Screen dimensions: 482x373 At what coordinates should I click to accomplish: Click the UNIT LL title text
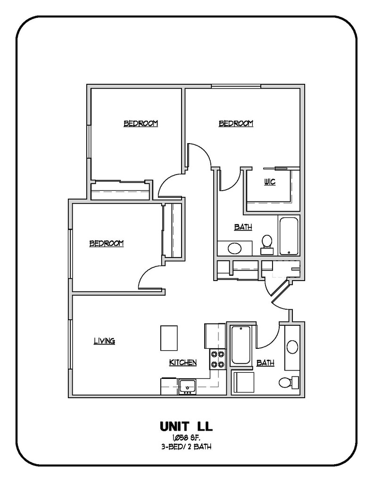[186, 426]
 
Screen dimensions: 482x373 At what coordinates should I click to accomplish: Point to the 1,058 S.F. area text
[186, 439]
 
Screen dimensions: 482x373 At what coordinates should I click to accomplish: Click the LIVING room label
[104, 341]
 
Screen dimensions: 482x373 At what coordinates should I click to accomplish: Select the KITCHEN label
[183, 362]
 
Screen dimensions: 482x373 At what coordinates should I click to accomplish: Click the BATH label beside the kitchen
[265, 363]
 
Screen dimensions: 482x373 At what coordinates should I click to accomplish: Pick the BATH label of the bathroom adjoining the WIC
[243, 227]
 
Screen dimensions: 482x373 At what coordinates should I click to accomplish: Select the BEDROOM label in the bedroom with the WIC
[236, 123]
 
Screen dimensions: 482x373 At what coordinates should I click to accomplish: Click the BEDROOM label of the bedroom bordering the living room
[107, 243]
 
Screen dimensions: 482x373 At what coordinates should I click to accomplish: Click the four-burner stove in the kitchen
[217, 359]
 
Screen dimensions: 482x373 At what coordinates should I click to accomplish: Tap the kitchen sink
[187, 386]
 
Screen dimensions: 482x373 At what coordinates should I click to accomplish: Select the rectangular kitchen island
[169, 337]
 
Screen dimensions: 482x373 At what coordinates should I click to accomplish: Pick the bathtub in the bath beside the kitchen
[240, 345]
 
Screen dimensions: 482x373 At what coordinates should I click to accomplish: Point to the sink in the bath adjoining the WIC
[234, 248]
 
